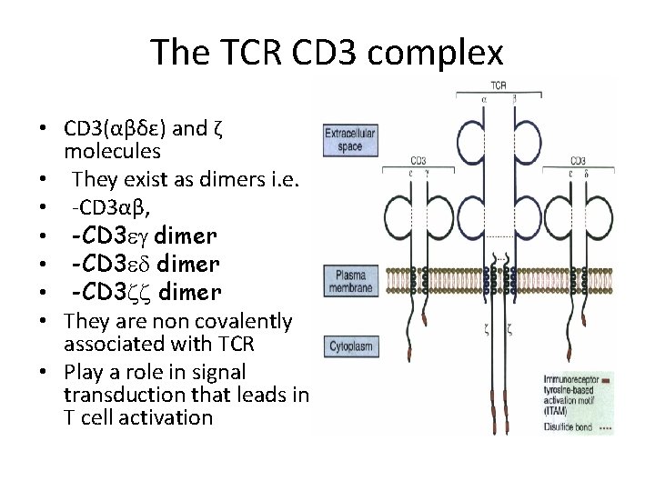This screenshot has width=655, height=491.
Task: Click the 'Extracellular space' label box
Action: point(350,141)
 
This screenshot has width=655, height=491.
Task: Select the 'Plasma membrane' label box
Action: point(350,277)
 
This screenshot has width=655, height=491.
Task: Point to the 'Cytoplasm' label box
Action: point(350,346)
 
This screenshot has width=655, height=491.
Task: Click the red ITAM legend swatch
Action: point(605,375)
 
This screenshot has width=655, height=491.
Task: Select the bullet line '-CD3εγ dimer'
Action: point(145,236)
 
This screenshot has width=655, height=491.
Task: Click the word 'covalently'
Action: point(243,321)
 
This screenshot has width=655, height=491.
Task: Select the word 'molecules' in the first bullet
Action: point(113,150)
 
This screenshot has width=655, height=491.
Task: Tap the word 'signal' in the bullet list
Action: point(221,373)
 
